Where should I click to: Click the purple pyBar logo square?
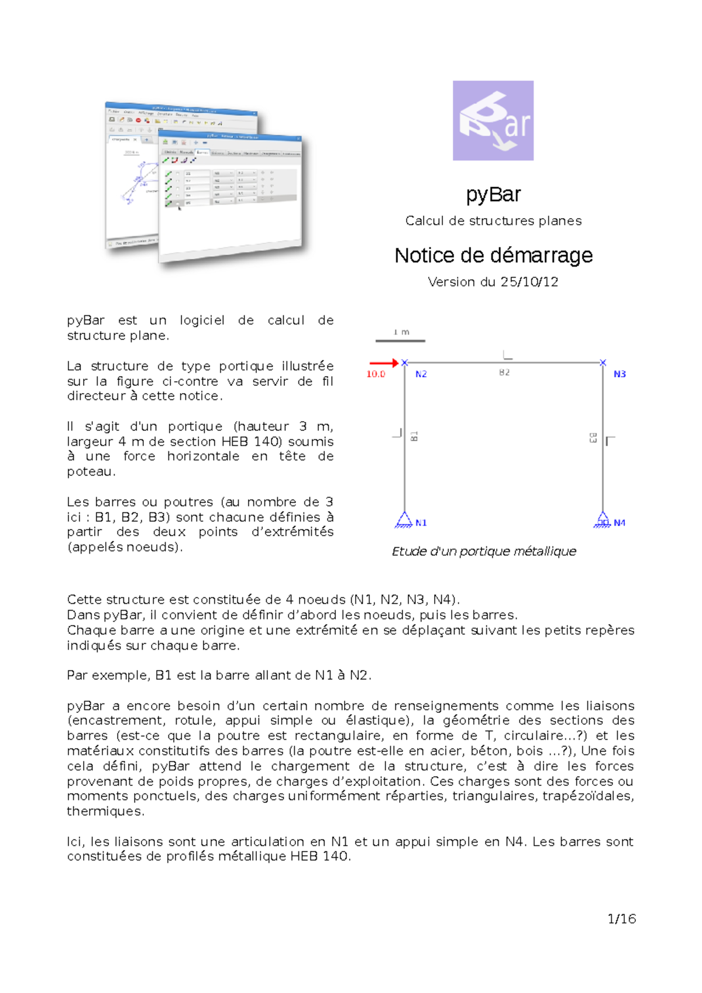tap(493, 120)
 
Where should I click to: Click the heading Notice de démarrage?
tap(493, 256)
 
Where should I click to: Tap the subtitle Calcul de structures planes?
tap(493, 221)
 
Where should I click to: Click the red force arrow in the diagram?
tap(383, 363)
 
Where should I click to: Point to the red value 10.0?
tap(376, 374)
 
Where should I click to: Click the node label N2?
tap(421, 374)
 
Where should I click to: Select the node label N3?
tap(620, 374)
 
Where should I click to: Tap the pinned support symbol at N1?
tap(404, 520)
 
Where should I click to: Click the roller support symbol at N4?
tap(602, 520)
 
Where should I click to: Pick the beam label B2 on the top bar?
tap(504, 373)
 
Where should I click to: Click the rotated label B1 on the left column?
tap(414, 436)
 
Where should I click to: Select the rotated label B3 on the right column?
tap(593, 437)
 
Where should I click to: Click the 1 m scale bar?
tap(401, 340)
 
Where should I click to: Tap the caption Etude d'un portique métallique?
tap(484, 551)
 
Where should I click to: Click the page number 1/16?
tap(621, 919)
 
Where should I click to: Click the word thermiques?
tap(105, 812)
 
